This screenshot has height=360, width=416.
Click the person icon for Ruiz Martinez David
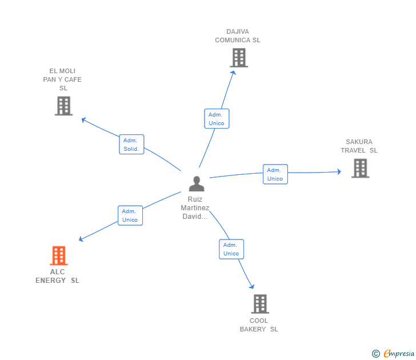[x=197, y=184]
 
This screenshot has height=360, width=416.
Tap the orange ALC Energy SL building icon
[x=59, y=255]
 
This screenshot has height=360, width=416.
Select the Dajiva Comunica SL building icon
[x=239, y=58]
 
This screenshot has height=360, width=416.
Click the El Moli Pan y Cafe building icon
[x=63, y=106]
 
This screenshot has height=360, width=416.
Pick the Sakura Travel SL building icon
[x=360, y=168]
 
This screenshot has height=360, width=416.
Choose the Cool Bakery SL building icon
[x=260, y=303]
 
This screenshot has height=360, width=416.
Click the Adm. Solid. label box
[x=131, y=145]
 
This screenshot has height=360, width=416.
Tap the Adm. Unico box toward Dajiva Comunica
[x=217, y=119]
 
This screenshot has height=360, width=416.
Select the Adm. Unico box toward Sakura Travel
[x=275, y=174]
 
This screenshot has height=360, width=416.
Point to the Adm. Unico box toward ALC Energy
[x=130, y=215]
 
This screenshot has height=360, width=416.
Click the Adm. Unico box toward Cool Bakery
[x=231, y=249]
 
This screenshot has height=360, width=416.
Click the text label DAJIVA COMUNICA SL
[x=238, y=36]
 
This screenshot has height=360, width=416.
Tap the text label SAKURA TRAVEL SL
[x=359, y=146]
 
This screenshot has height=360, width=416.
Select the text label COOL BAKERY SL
[x=259, y=325]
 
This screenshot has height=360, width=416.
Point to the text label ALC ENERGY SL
[x=57, y=276]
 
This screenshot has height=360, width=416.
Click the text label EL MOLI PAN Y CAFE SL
[x=63, y=79]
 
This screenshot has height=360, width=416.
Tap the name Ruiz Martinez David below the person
[x=195, y=208]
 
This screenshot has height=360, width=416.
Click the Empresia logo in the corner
[x=399, y=354]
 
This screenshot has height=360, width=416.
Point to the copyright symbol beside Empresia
[x=375, y=354]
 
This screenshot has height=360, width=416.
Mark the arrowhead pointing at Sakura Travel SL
[x=338, y=171]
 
